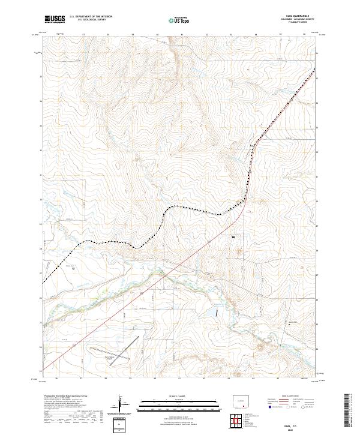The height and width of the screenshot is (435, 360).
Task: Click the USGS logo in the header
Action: click(x=55, y=19)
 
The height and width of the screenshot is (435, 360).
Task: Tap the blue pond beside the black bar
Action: click(x=214, y=312)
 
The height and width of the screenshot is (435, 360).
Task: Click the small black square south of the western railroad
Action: click(x=73, y=269)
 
